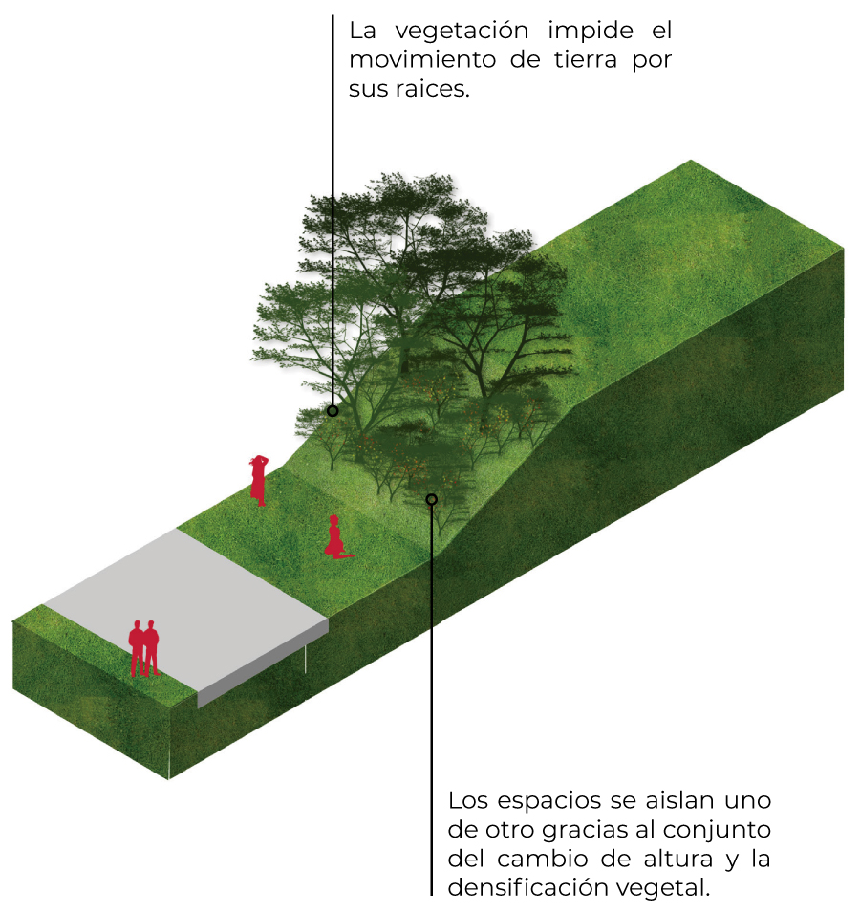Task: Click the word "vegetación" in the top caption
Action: coord(462,32)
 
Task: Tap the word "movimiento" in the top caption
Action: coord(423,60)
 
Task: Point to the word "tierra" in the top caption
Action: coord(585,60)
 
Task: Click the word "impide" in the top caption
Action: coord(591,32)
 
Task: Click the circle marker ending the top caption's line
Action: coord(333,411)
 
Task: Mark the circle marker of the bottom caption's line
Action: coord(431,500)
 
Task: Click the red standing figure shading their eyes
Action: coord(259,480)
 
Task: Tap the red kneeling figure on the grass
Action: coord(336,537)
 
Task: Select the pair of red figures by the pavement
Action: coord(144,648)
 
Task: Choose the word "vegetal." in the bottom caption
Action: coord(663,889)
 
